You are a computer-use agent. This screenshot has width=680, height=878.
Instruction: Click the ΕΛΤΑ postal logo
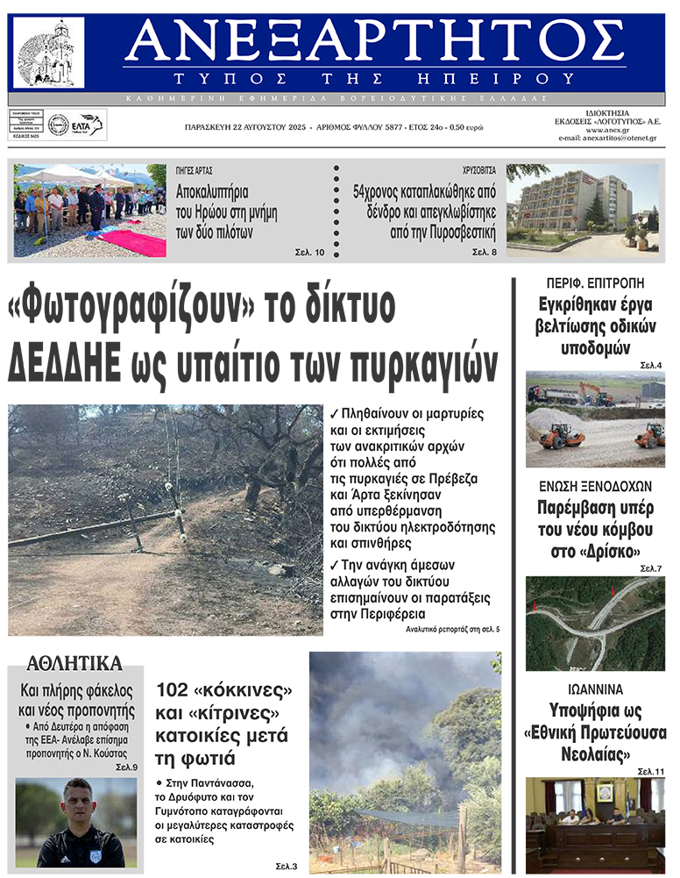(88, 124)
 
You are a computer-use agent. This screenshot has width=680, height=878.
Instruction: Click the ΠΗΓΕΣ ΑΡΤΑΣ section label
(195, 170)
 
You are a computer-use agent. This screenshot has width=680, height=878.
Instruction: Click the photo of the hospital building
(581, 211)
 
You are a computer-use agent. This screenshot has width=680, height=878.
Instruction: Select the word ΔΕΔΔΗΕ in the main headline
(63, 361)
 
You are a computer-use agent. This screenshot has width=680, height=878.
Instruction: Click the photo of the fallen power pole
(165, 519)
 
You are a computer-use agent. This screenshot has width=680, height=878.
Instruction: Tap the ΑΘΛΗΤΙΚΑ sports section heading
(74, 663)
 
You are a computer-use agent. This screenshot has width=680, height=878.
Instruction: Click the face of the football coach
(76, 802)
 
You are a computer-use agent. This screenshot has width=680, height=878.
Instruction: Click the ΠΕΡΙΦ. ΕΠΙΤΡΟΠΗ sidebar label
(595, 282)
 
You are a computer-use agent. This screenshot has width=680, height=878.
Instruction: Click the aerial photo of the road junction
(595, 623)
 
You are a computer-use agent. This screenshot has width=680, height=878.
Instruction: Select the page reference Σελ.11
(651, 771)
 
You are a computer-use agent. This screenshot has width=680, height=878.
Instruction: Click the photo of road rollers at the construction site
(595, 418)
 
